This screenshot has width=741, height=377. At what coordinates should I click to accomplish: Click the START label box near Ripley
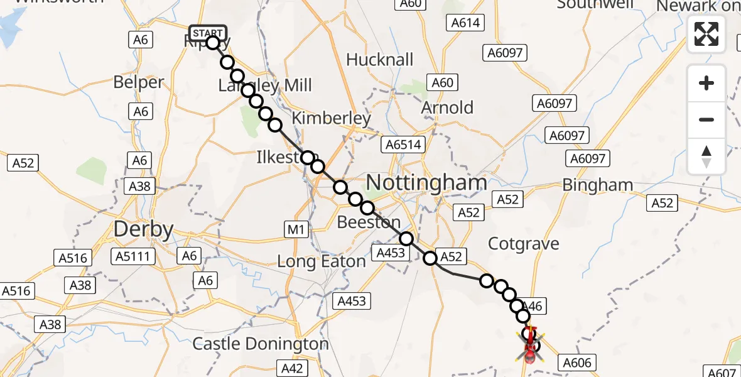(x=207, y=33)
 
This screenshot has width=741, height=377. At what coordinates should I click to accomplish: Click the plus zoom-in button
(x=706, y=83)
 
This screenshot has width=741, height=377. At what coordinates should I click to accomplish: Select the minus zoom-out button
(x=706, y=119)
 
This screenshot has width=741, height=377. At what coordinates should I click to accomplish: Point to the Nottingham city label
(x=426, y=183)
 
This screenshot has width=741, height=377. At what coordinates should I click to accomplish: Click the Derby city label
(x=143, y=229)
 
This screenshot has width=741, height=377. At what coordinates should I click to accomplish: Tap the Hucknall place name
(x=380, y=60)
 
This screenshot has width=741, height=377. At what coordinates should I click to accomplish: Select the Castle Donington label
(x=261, y=344)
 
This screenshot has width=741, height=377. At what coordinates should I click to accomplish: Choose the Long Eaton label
(x=322, y=261)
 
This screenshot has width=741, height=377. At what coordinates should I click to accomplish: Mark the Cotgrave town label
(x=523, y=244)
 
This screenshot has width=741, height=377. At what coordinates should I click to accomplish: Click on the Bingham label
(x=598, y=185)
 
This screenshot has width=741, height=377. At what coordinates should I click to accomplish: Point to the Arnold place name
(x=447, y=107)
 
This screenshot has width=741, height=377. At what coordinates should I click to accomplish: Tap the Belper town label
(x=139, y=82)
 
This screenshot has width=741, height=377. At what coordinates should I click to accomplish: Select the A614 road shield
(x=465, y=23)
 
